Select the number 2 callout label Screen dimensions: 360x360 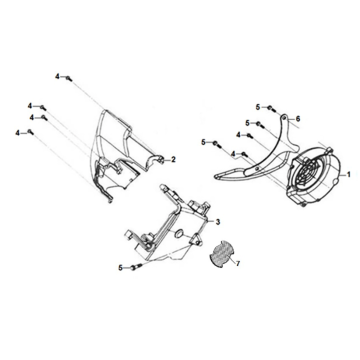(x=173, y=159)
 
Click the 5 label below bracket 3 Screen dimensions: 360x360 (x=121, y=267)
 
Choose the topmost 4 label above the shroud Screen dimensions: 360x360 (x=58, y=76)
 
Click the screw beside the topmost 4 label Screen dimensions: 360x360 (x=67, y=77)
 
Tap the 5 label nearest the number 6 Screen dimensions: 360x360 (x=257, y=107)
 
